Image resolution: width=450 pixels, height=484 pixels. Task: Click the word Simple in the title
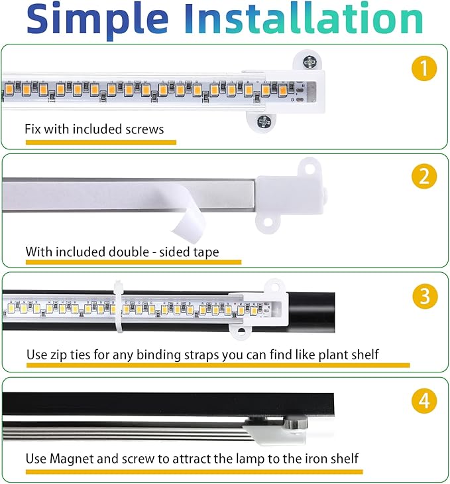tap(98, 20)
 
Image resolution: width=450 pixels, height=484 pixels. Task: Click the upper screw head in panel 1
tap(309, 62)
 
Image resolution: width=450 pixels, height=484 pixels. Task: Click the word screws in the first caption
tap(144, 129)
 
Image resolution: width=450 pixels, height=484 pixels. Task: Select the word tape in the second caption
tap(204, 252)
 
